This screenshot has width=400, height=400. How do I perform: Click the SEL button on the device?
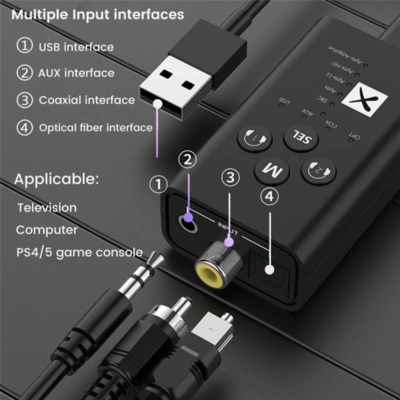click(x=301, y=137)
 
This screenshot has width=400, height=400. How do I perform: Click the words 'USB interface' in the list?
click(x=76, y=47)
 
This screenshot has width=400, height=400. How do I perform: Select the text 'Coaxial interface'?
click(x=86, y=100)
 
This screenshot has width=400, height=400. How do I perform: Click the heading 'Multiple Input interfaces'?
click(x=98, y=14)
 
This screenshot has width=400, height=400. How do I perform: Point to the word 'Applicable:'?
click(x=56, y=179)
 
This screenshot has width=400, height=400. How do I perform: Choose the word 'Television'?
click(x=47, y=207)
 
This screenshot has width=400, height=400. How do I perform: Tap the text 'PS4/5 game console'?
click(x=79, y=252)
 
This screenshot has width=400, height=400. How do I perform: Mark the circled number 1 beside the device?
click(x=159, y=185)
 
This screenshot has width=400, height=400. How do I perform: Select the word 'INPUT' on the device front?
click(x=228, y=227)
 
